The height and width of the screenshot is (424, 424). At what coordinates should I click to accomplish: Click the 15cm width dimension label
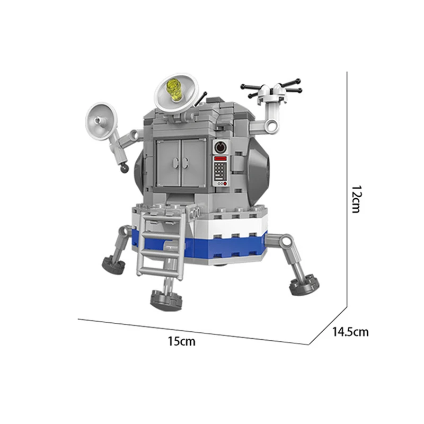point(181,341)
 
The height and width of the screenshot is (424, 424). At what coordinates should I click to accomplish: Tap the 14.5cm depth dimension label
point(350,332)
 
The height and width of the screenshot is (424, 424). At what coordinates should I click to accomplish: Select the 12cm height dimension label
point(356,199)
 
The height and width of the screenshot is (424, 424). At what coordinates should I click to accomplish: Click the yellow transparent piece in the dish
point(175,90)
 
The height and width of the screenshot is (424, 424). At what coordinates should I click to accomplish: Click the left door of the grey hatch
point(168,163)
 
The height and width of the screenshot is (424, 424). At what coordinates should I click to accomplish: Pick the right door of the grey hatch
point(193,163)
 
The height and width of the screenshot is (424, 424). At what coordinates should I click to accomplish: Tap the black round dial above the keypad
point(220,147)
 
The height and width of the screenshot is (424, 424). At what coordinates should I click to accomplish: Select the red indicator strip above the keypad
point(220,158)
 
